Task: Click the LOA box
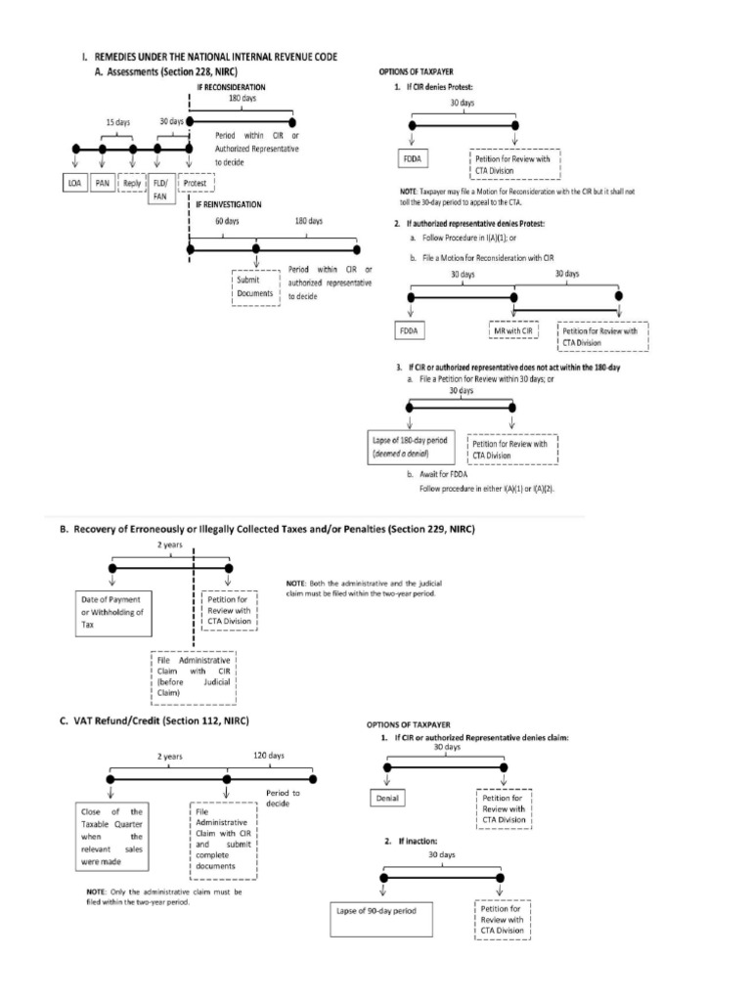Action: click(74, 183)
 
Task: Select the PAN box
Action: click(103, 183)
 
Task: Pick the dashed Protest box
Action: click(197, 183)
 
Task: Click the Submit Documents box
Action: click(255, 286)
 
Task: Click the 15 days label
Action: click(117, 121)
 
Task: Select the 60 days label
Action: click(225, 222)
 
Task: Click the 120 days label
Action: click(271, 756)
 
